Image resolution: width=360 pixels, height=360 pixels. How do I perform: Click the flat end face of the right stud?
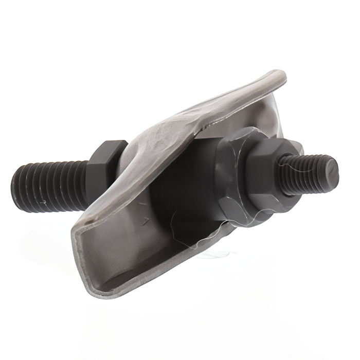(332, 173)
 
